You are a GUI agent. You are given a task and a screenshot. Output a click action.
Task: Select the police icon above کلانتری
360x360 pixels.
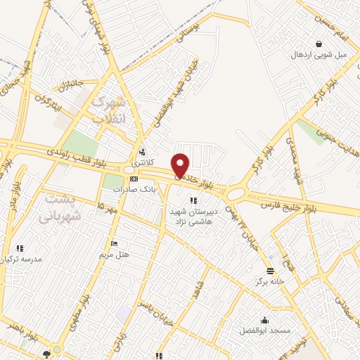click(143, 151)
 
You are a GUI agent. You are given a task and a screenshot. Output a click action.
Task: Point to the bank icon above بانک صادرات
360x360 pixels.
click(134, 179)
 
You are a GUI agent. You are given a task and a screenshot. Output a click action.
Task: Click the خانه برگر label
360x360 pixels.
click(269, 282)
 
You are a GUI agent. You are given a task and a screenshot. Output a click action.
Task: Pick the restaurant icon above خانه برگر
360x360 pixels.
click(269, 271)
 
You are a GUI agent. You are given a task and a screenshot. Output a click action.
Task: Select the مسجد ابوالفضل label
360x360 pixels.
click(264, 330)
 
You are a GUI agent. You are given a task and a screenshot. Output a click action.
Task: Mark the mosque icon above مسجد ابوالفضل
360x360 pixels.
click(264, 320)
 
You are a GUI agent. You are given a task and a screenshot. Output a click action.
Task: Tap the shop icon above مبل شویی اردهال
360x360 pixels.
click(319, 44)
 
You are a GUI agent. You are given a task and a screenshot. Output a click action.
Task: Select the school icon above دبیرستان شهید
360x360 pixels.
click(193, 200)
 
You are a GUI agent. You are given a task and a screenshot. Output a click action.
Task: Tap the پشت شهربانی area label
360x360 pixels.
click(63, 207)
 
